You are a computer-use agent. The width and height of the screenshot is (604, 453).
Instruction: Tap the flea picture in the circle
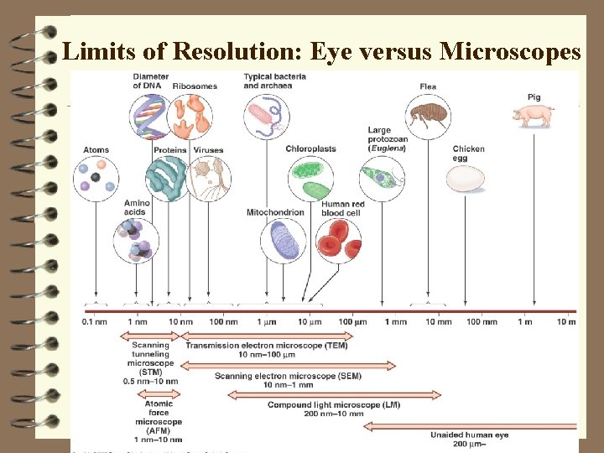tap(429, 116)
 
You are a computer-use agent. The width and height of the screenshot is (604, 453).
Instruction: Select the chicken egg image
tap(466, 178)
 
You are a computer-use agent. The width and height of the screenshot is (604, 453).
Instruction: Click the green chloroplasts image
tap(310, 178)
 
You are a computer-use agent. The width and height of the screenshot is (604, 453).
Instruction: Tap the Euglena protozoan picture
tap(382, 178)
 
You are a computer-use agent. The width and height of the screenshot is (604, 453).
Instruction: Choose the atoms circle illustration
tap(96, 178)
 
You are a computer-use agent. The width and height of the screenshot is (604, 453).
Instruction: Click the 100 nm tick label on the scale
tap(223, 321)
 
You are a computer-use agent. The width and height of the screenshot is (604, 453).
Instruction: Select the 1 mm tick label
tap(396, 321)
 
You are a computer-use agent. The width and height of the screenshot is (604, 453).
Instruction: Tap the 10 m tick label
tap(565, 321)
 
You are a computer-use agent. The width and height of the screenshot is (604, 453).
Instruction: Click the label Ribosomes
tap(195, 86)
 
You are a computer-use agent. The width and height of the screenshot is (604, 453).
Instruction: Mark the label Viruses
tap(208, 150)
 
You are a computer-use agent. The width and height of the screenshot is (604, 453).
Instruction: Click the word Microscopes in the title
tap(510, 52)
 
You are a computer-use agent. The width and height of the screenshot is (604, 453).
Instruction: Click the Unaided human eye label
tap(469, 435)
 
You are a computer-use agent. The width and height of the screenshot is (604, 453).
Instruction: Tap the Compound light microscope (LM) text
tap(333, 404)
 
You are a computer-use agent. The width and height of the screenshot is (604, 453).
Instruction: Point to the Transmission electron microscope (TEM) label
tap(267, 345)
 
